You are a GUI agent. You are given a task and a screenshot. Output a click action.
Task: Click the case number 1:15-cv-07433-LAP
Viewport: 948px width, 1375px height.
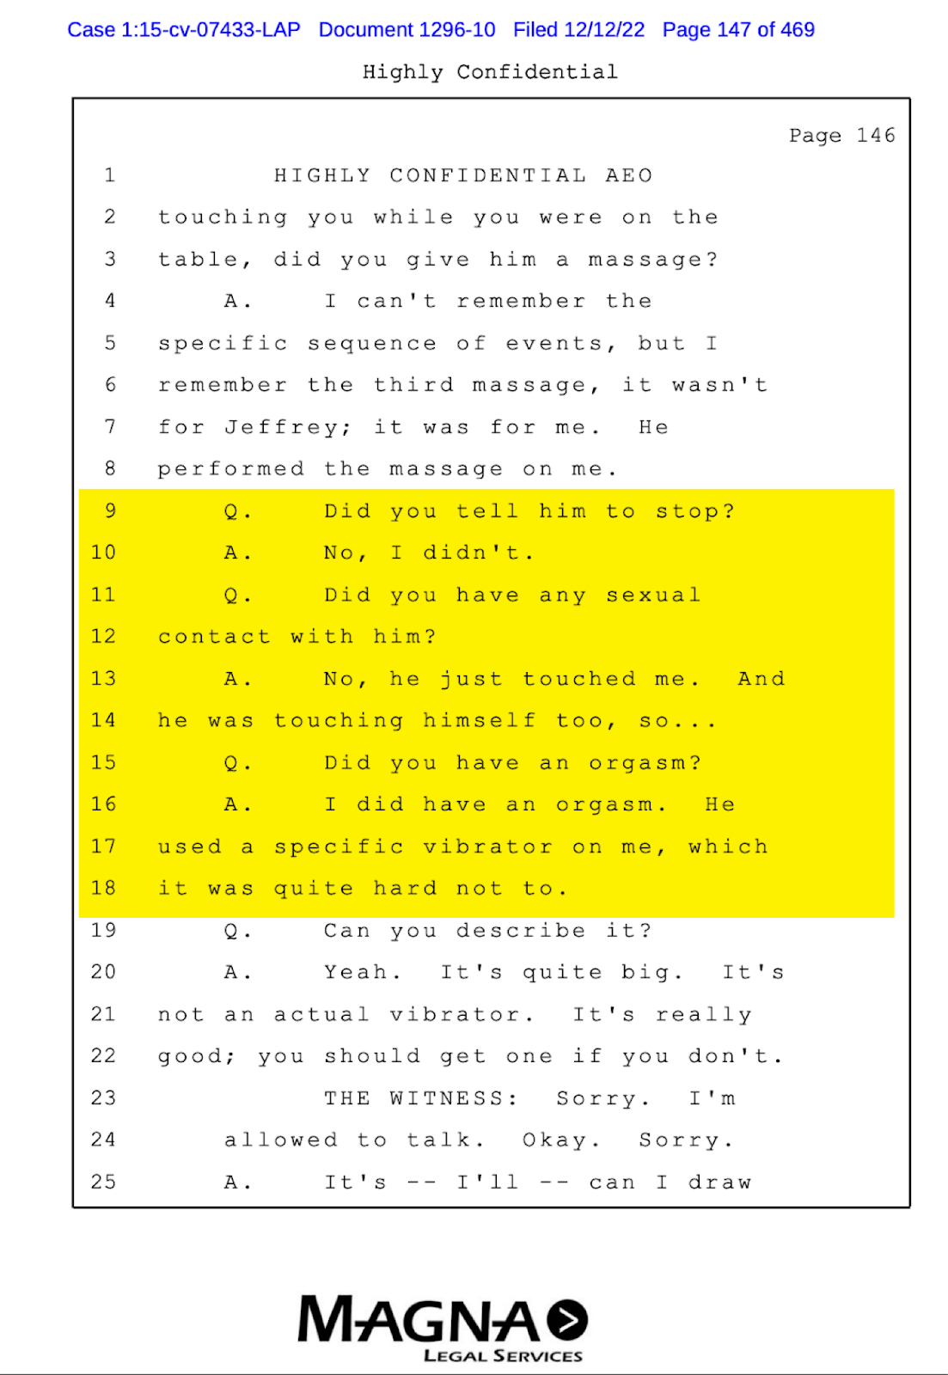(x=184, y=30)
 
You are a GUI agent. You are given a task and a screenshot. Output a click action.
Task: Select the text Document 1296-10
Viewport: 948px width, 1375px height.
(x=407, y=30)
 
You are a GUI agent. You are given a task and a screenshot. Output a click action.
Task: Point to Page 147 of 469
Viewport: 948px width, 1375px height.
(x=738, y=30)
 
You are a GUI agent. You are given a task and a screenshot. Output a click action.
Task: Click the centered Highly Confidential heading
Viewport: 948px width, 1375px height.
(x=490, y=72)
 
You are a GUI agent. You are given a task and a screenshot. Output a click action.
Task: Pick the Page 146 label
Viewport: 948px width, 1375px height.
(x=841, y=136)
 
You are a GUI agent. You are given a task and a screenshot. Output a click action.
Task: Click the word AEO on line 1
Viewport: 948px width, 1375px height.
(x=629, y=176)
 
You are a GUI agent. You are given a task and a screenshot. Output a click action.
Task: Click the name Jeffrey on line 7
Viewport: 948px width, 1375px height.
(x=282, y=427)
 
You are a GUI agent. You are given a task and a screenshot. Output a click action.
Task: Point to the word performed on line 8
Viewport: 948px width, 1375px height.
(x=230, y=469)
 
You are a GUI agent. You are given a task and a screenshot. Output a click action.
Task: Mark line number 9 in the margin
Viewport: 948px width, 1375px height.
(x=110, y=511)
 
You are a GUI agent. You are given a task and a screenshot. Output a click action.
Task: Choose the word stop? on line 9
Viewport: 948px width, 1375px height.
(x=695, y=511)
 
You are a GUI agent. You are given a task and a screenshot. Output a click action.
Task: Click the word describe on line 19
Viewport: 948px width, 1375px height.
(x=521, y=931)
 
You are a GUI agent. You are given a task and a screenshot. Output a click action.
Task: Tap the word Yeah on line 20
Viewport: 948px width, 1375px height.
(x=357, y=973)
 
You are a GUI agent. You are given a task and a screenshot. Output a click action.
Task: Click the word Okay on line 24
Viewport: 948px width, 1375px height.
(x=555, y=1140)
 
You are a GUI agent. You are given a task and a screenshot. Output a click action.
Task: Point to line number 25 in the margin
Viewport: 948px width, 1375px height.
(x=103, y=1182)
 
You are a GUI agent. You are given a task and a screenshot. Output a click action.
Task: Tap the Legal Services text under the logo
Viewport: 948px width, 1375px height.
(x=503, y=1356)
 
